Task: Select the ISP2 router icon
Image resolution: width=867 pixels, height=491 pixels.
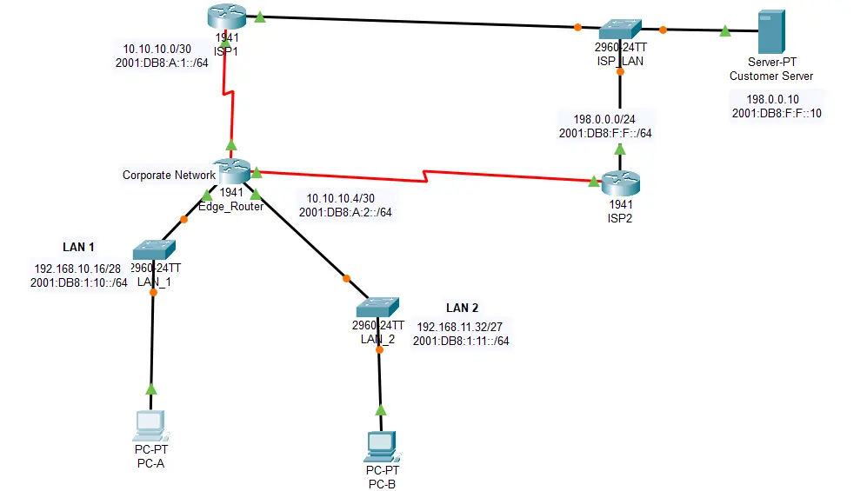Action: [620, 182]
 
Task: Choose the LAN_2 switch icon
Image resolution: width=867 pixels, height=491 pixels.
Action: [377, 308]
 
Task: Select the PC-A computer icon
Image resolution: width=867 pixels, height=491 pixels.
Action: [150, 425]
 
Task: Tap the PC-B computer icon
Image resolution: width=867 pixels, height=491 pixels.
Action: [380, 446]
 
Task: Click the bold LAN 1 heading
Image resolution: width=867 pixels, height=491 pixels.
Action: [78, 248]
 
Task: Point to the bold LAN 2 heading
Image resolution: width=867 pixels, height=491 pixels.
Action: [462, 308]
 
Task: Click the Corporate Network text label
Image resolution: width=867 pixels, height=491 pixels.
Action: [169, 175]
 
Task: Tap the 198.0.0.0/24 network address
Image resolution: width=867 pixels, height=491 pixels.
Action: [606, 119]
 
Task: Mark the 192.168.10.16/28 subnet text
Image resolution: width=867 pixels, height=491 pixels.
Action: [78, 269]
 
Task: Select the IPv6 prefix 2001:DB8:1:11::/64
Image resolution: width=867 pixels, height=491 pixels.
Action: [462, 342]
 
